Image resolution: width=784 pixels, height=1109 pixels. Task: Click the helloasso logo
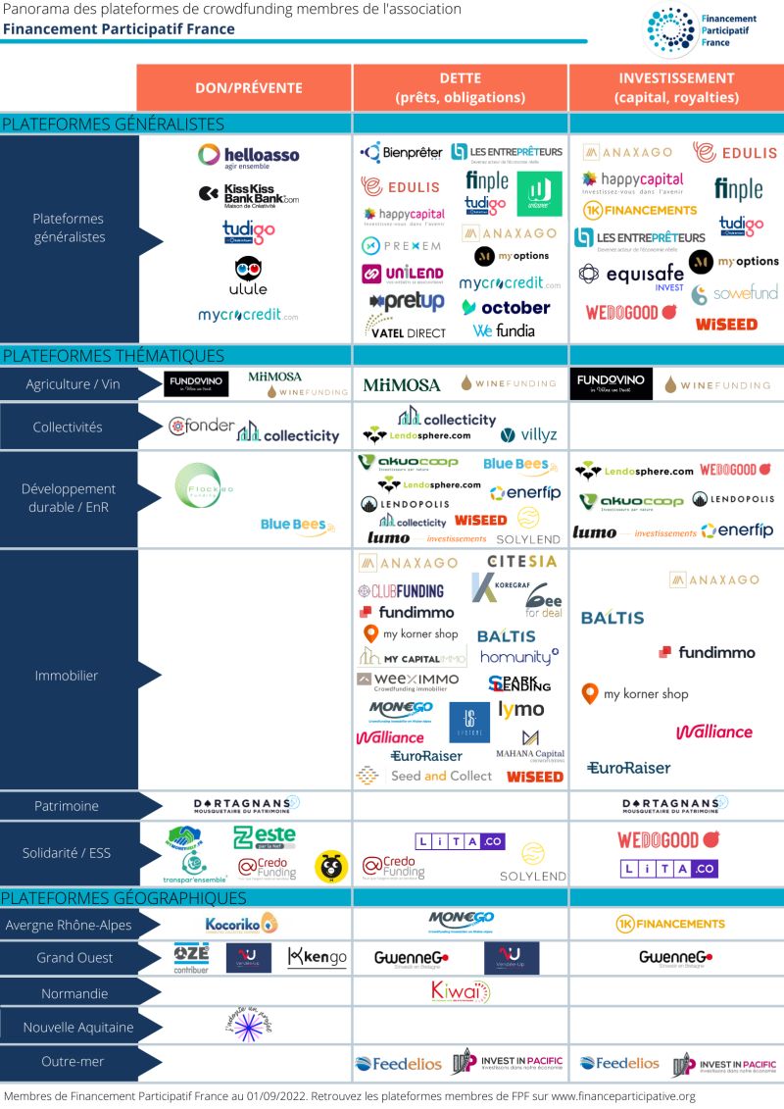click(x=248, y=156)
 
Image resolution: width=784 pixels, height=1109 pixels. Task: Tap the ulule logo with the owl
click(x=248, y=277)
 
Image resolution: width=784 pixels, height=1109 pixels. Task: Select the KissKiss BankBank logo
click(x=248, y=194)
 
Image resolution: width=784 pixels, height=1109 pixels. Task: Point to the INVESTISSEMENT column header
click(x=676, y=87)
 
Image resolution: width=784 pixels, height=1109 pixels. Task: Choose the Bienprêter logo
click(x=402, y=152)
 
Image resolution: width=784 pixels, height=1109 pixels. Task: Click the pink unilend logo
click(x=402, y=275)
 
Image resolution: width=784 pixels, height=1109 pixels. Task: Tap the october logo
click(x=506, y=307)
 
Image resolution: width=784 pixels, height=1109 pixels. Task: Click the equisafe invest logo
click(x=631, y=275)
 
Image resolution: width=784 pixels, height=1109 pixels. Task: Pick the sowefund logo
click(x=734, y=293)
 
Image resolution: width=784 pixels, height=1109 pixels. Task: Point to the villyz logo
click(x=521, y=435)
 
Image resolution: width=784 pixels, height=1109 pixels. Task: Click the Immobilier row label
click(x=67, y=676)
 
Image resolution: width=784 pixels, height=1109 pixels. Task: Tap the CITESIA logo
click(x=521, y=562)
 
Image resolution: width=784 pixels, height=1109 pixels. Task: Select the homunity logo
click(x=519, y=657)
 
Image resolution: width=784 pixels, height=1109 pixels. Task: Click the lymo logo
click(x=521, y=708)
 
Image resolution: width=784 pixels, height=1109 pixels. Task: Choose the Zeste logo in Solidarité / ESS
click(x=264, y=837)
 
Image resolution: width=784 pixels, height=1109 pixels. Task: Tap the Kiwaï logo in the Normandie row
click(x=460, y=991)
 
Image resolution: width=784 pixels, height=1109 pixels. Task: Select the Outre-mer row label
click(x=74, y=1061)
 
